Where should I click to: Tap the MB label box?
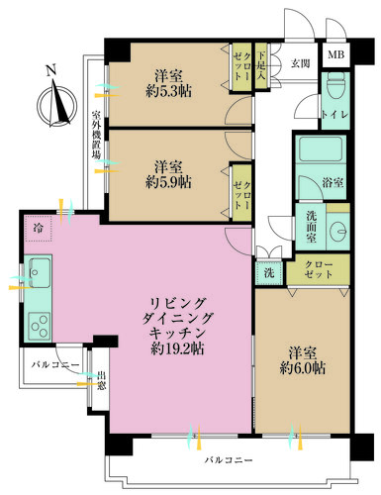point(336,56)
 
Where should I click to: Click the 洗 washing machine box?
point(268,270)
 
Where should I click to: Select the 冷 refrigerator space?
point(36,226)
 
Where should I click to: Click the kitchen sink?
point(40,270)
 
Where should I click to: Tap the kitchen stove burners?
point(40,322)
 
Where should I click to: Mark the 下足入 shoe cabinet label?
point(261,67)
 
